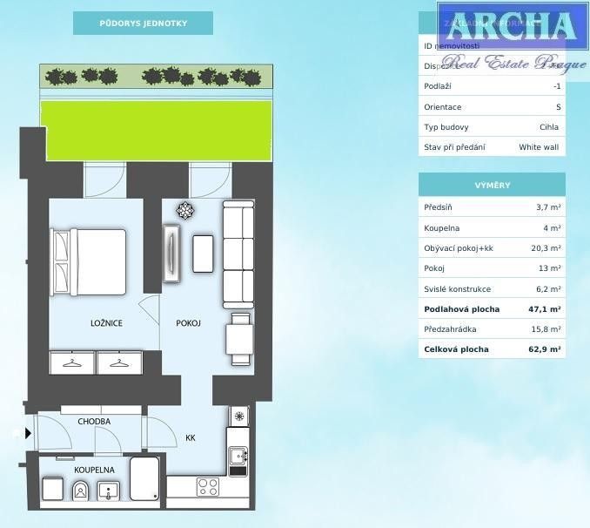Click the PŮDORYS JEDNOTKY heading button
pos(143,23)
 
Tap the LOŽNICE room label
pos(106,323)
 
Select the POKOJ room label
pos(188,323)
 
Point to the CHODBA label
pos(94,422)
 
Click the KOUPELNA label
pos(95,469)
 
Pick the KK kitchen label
pos(191,438)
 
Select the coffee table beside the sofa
pos(203,253)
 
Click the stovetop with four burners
pos(208,486)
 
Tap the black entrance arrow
pos(28,432)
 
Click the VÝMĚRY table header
pos(492,186)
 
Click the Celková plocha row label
pos(456,349)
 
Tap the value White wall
pos(539,147)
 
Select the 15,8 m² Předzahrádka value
pos(546,329)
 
